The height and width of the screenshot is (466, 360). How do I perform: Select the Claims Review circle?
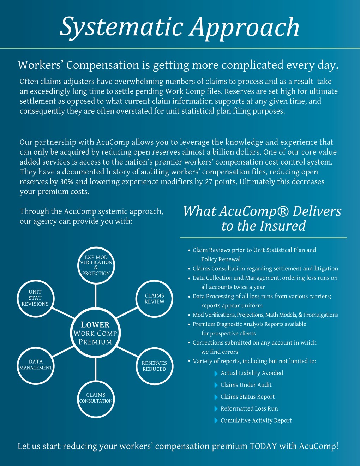point(155,299)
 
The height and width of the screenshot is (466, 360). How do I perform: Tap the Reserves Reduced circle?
point(154,366)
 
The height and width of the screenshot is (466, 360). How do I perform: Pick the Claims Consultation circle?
point(96,398)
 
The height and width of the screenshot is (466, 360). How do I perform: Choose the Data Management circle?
point(36,365)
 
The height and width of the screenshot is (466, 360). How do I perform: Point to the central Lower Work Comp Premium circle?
point(95,333)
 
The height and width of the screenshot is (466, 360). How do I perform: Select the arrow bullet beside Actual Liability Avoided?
point(216,374)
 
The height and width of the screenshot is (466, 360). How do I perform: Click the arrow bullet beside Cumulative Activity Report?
point(216,421)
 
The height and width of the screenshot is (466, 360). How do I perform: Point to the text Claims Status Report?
point(247,397)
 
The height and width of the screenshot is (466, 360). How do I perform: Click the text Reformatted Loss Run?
point(249,409)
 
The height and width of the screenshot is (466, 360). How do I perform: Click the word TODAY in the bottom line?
point(263,446)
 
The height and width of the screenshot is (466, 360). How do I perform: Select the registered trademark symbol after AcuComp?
point(282,211)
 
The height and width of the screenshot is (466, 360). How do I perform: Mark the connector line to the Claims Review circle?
point(127,312)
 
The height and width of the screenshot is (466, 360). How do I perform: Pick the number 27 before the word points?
point(209,182)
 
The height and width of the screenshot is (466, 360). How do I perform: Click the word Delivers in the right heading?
point(317,211)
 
